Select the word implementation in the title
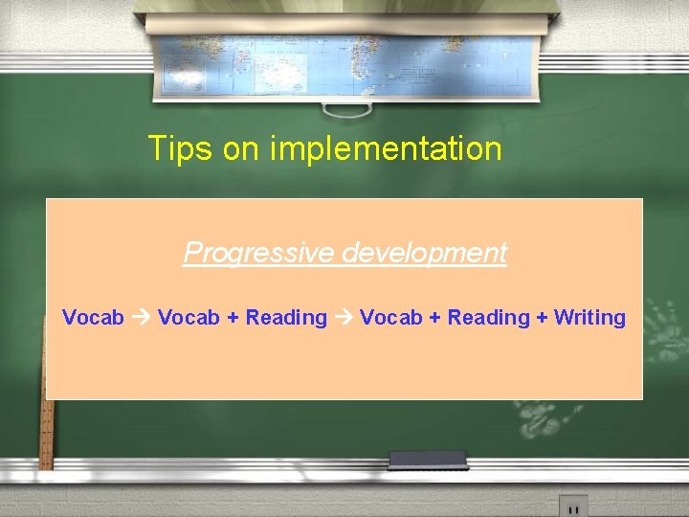pos(386,149)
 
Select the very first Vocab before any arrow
pos(93,318)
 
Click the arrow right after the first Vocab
pos(141,318)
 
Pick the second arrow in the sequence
pos(343,318)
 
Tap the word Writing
pos(589,318)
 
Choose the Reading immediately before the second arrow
pos(286,318)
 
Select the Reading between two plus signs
pos(488,318)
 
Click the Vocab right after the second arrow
pos(390,318)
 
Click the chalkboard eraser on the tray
pos(440,460)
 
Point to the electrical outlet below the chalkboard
pos(573,506)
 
